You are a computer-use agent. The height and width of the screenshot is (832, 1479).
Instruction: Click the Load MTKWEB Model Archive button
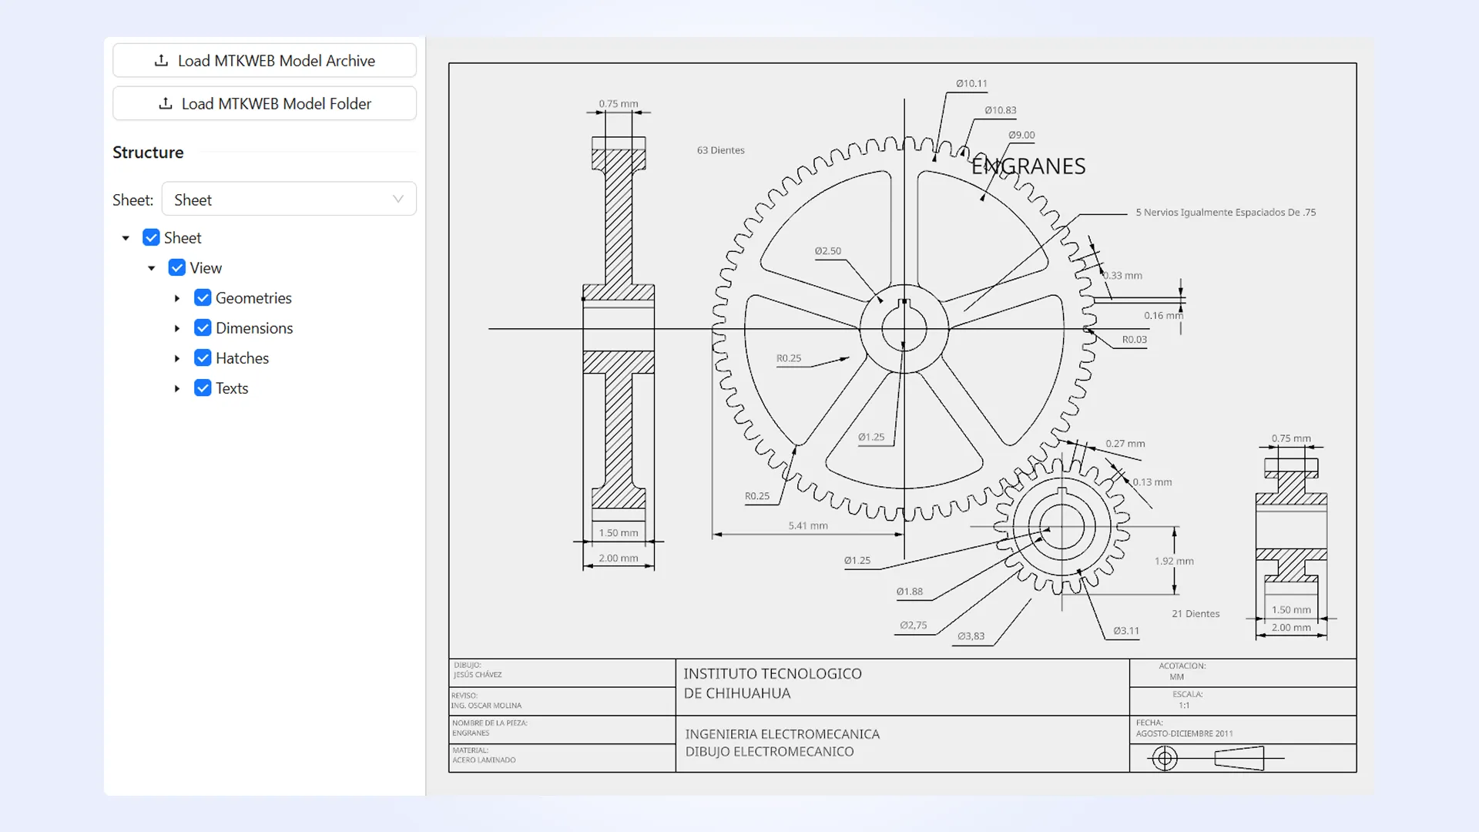coord(264,61)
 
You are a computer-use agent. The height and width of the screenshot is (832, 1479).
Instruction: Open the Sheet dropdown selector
coord(289,200)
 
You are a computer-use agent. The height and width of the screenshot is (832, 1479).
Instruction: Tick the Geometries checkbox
coord(203,298)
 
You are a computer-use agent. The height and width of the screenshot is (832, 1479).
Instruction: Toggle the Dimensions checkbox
coord(203,328)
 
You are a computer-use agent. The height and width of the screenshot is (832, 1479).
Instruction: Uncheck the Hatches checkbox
coord(203,358)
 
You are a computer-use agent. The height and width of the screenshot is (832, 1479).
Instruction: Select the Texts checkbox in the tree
coord(203,388)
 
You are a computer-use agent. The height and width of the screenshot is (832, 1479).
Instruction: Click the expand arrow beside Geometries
coord(177,298)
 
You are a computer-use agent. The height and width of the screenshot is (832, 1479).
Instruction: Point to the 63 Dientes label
coord(720,150)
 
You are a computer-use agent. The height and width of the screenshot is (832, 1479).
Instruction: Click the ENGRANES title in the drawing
coord(1028,166)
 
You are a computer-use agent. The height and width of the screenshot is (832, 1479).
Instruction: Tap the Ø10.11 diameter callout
coord(971,83)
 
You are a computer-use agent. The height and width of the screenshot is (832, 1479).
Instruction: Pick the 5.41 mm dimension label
coord(808,525)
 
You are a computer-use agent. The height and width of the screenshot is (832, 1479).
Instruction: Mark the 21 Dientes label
coord(1196,614)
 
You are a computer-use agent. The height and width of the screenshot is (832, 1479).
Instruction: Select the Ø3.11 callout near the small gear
coord(1126,631)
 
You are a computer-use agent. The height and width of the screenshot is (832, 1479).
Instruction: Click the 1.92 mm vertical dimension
coord(1174,561)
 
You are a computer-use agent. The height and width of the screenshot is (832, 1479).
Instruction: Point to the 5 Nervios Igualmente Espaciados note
coord(1226,212)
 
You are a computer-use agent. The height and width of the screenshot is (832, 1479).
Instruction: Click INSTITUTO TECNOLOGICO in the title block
coord(773,673)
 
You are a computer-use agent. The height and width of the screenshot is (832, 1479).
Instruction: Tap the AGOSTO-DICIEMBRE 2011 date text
coord(1184,733)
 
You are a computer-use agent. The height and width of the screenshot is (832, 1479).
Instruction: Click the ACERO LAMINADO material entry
coord(484,760)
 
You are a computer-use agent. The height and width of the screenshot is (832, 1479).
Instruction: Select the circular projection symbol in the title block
coord(1165,759)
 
